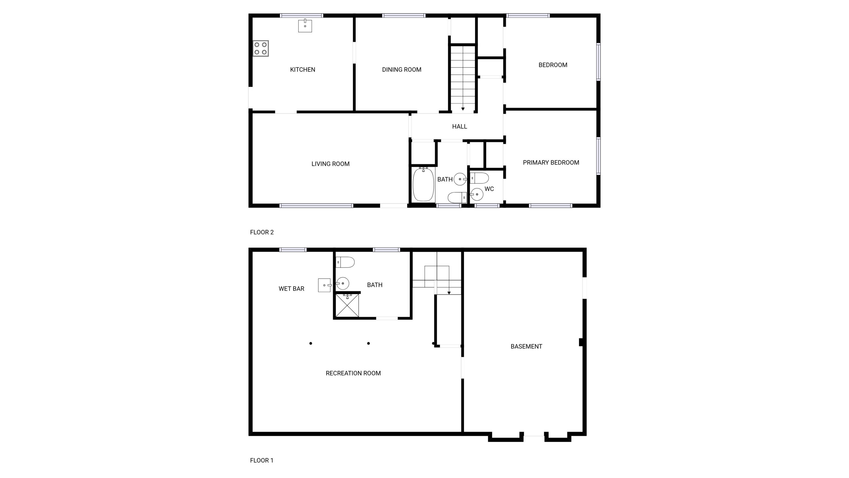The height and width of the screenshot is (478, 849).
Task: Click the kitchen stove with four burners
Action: tap(261, 48)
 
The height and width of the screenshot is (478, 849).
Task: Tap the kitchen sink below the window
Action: tap(305, 26)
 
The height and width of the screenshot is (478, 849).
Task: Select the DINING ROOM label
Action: tap(401, 70)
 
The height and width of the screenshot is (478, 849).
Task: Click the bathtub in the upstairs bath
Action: tap(423, 185)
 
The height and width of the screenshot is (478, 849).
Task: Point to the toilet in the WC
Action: tap(479, 178)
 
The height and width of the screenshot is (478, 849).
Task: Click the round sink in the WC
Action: tap(477, 194)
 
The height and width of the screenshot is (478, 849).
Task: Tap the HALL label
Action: tap(459, 126)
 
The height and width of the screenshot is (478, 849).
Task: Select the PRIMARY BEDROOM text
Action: tap(551, 163)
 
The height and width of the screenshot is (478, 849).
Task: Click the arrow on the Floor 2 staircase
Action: tap(463, 109)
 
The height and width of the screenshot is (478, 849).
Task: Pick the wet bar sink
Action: tap(324, 285)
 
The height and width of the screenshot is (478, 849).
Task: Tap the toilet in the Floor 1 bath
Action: tap(345, 262)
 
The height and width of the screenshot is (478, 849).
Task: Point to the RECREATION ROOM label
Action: tap(353, 373)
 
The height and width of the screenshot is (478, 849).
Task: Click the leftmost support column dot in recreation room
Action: tap(310, 343)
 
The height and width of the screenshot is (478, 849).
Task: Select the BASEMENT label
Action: tap(526, 346)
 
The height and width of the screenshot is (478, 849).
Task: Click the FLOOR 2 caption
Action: tap(262, 232)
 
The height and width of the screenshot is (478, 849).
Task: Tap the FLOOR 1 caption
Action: tap(262, 460)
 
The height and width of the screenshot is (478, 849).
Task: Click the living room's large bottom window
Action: tap(316, 205)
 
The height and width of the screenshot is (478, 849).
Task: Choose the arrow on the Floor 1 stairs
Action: tap(449, 293)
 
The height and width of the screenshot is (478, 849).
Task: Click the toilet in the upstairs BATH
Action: tap(457, 197)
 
